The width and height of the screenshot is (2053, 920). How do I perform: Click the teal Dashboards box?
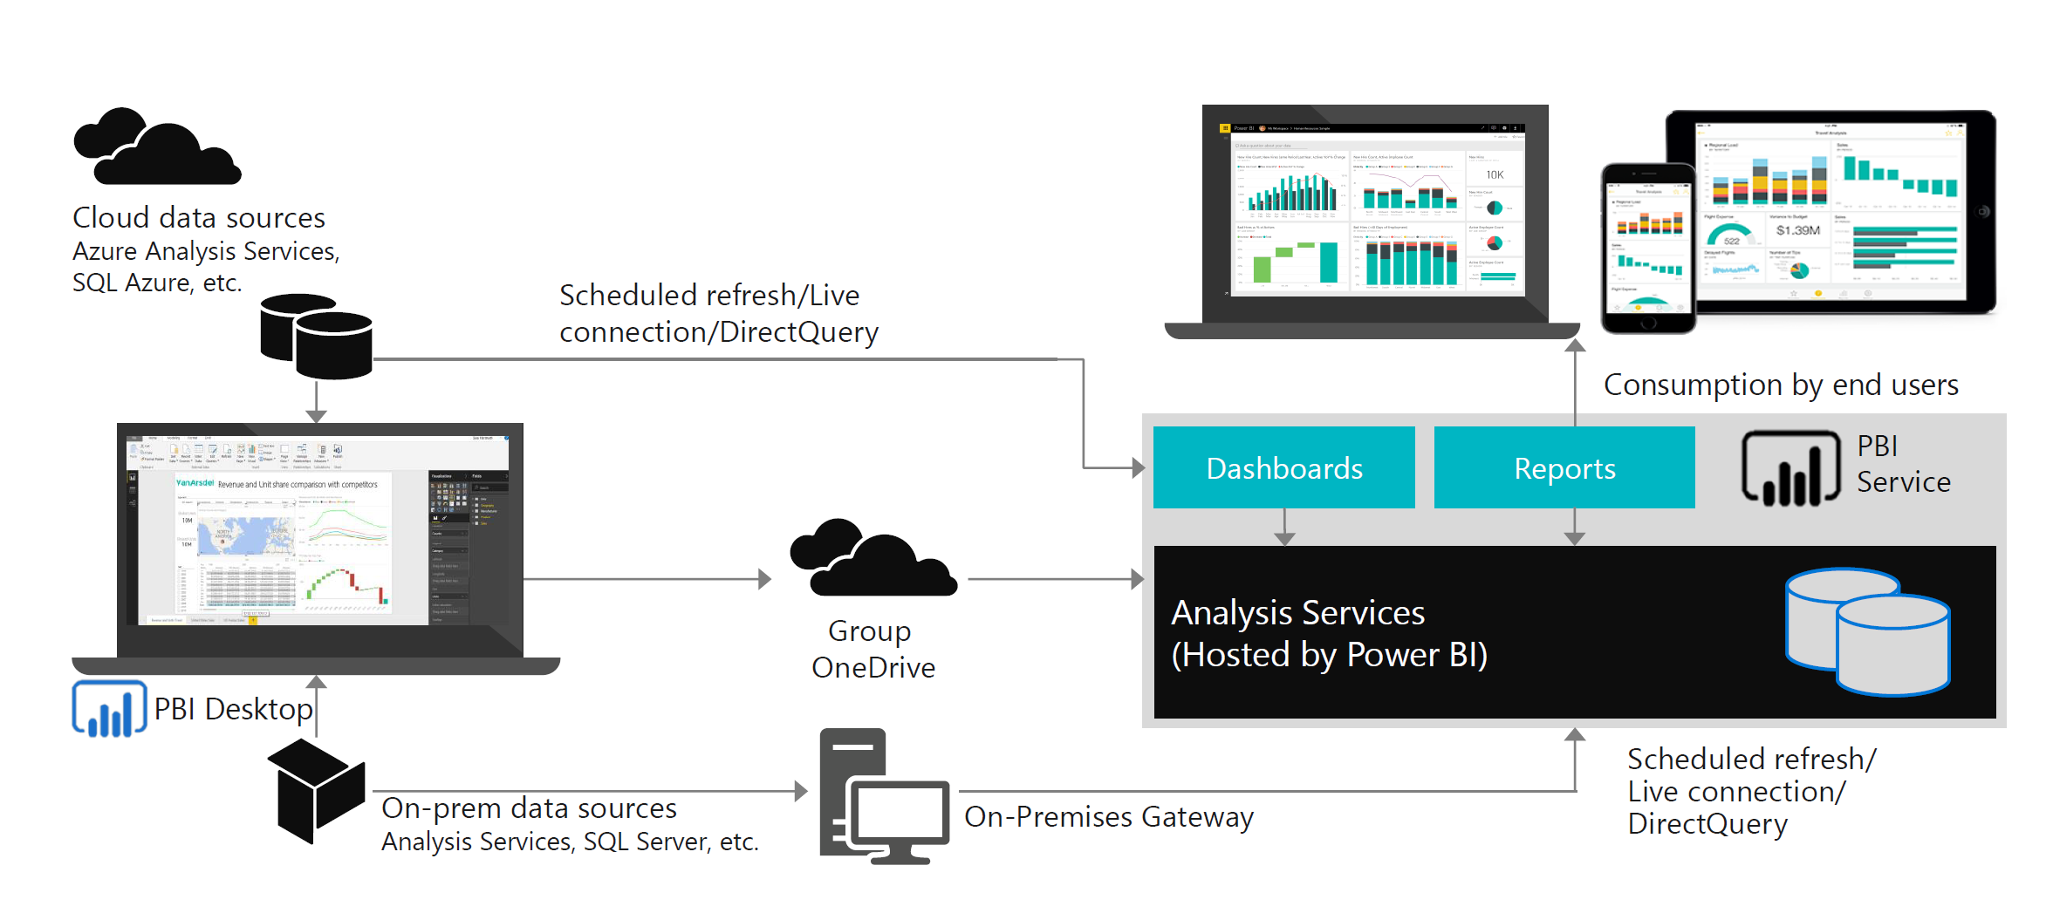click(x=1283, y=467)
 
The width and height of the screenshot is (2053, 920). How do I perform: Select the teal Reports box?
click(x=1564, y=467)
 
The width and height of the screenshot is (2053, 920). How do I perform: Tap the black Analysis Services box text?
click(x=1328, y=633)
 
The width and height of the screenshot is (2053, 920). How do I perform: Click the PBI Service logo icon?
click(x=1790, y=469)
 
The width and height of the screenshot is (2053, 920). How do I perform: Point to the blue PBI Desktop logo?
click(x=109, y=709)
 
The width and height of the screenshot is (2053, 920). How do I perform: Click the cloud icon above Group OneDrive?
click(x=873, y=559)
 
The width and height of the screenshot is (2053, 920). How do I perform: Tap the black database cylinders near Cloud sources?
click(x=317, y=337)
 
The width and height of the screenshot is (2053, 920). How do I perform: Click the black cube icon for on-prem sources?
click(x=316, y=790)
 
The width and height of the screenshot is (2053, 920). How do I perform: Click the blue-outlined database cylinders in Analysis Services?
click(x=1867, y=631)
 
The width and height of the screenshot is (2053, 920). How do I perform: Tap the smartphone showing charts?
click(x=1647, y=248)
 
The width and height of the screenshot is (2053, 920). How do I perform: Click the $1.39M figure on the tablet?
click(x=1797, y=230)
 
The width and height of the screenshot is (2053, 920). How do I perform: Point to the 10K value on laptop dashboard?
click(x=1495, y=174)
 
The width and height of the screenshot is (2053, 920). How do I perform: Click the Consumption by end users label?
click(x=1781, y=385)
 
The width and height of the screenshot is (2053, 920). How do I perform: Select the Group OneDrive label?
click(x=873, y=649)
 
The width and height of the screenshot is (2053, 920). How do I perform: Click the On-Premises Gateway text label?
click(x=1108, y=817)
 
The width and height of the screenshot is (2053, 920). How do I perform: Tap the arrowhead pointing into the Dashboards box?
click(x=1138, y=468)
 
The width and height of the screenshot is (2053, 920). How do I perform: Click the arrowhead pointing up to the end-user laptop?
click(x=1575, y=345)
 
